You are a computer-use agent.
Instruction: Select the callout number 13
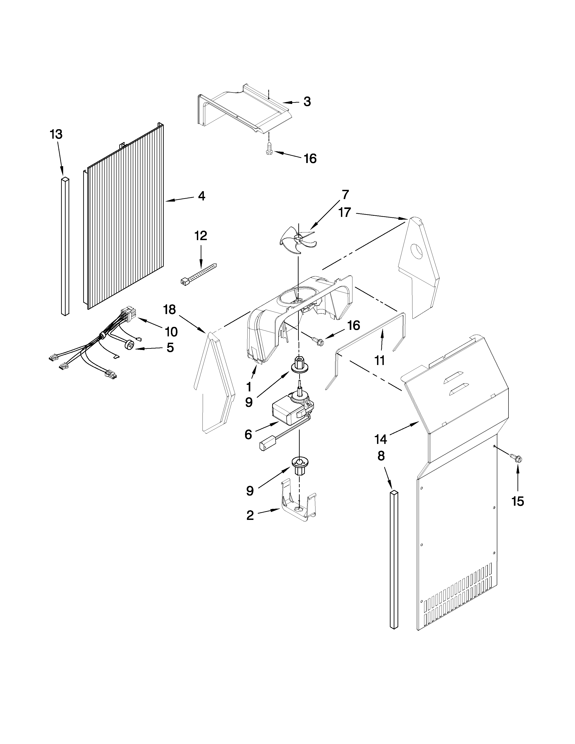[x=56, y=135]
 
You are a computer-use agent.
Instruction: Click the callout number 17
[x=345, y=213]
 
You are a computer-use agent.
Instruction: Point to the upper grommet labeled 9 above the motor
[x=298, y=365]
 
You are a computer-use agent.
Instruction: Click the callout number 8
[x=381, y=456]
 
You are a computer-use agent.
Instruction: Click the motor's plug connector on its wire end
[x=264, y=445]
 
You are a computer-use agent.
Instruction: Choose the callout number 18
[x=169, y=309]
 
